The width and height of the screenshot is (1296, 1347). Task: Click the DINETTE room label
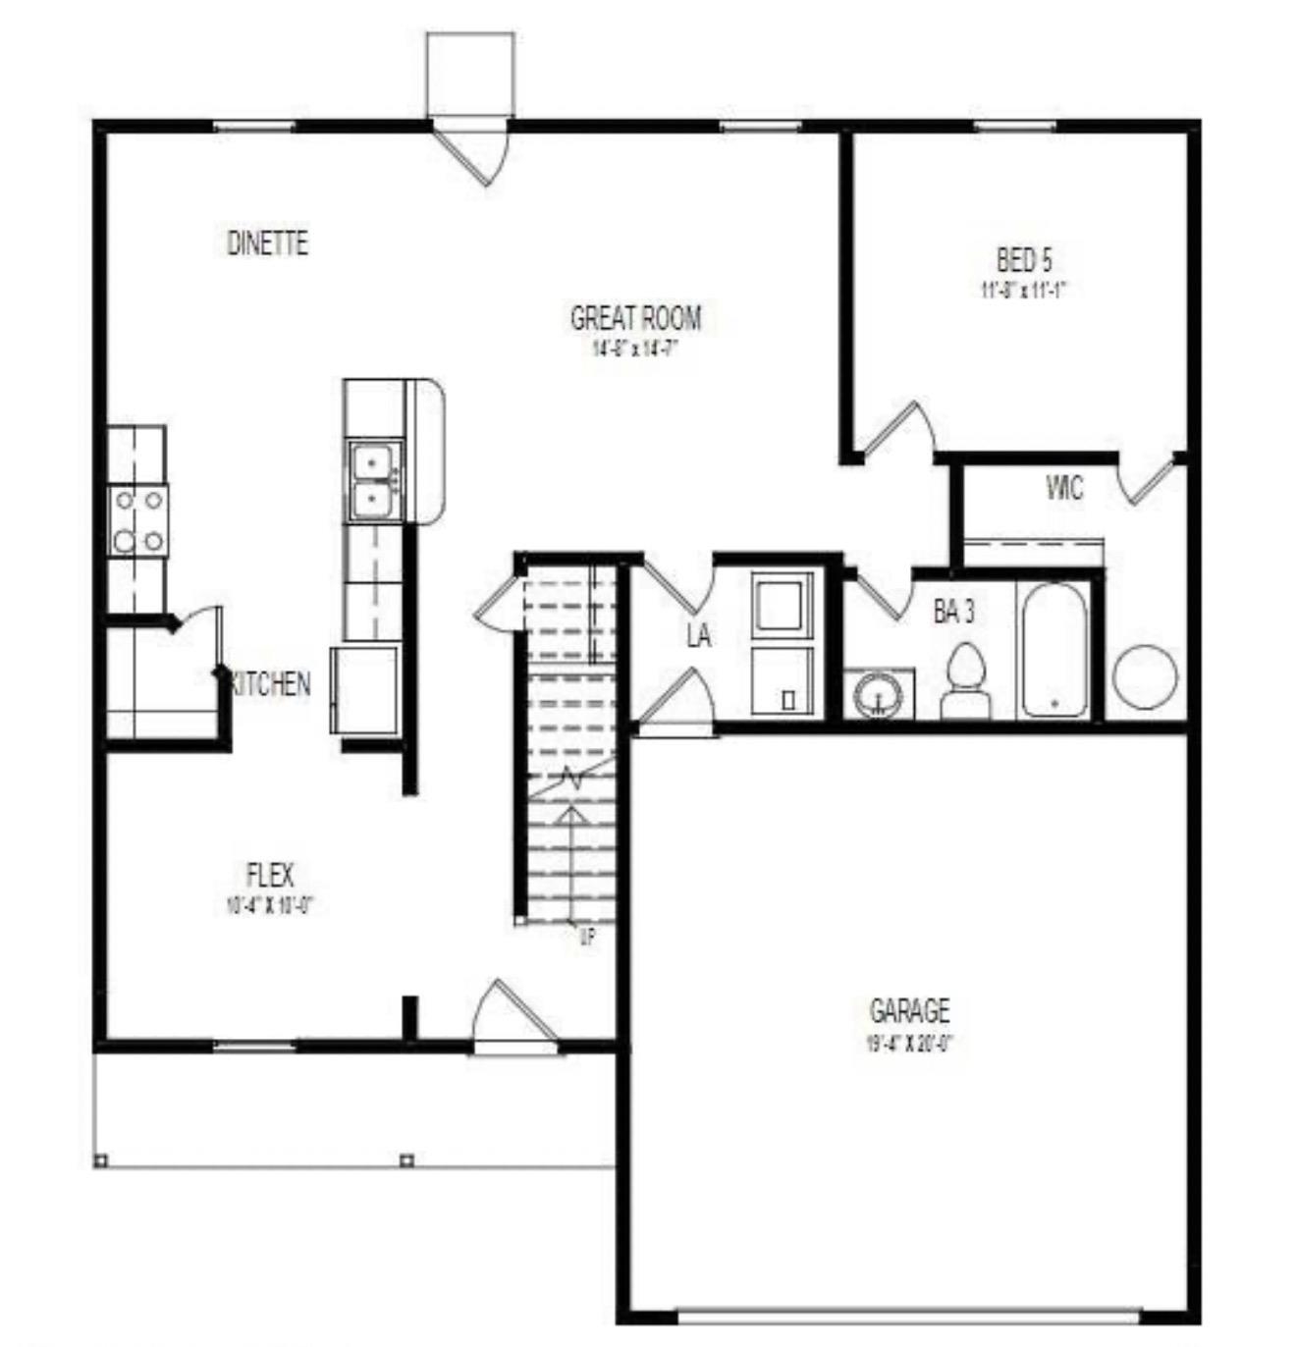click(267, 242)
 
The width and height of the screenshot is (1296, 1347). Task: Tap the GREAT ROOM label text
click(636, 318)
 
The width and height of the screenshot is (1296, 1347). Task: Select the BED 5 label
click(1024, 260)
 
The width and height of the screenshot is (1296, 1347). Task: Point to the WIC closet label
click(1064, 488)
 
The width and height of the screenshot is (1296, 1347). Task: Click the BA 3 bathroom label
click(953, 613)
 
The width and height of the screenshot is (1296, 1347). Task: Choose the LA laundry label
click(698, 636)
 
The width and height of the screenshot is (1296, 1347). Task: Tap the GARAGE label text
click(909, 1010)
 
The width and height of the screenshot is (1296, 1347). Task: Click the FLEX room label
click(269, 874)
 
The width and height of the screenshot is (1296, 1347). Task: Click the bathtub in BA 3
click(1054, 650)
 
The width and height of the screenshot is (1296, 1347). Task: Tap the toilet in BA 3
click(966, 679)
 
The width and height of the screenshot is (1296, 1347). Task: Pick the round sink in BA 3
click(878, 696)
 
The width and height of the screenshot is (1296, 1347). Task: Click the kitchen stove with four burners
click(137, 520)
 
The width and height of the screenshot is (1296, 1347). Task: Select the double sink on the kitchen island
click(374, 480)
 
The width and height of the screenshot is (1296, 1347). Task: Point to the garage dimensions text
click(909, 1043)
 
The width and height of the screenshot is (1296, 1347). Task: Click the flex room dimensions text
click(269, 905)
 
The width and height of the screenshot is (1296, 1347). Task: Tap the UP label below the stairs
click(587, 939)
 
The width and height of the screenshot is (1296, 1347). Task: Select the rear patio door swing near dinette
click(473, 152)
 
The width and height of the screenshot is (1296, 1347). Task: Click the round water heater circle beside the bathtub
click(1145, 676)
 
